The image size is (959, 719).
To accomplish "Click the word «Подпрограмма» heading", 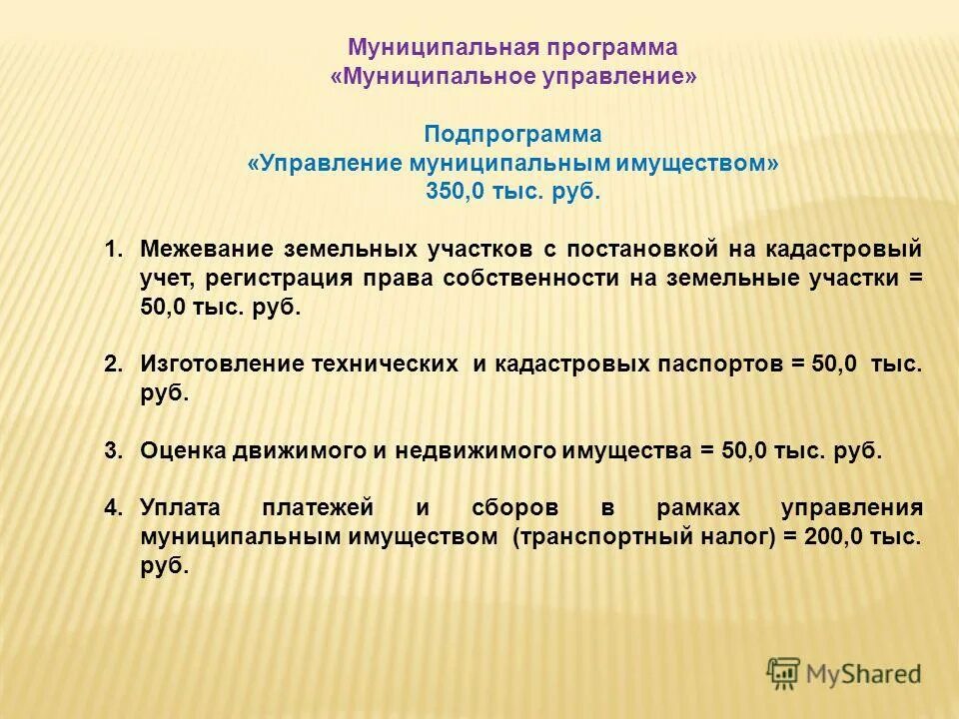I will pyautogui.click(x=512, y=134).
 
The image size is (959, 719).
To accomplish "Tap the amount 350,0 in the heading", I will pyautogui.click(x=453, y=192).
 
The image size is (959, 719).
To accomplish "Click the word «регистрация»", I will pyautogui.click(x=267, y=278).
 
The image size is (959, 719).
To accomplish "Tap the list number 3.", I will pyautogui.click(x=111, y=450).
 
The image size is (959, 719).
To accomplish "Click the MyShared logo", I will pyautogui.click(x=844, y=673).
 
